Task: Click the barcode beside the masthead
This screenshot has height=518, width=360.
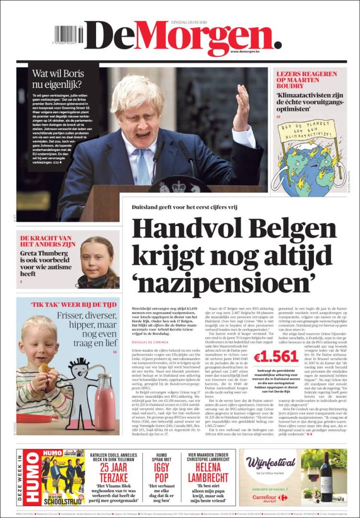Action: coord(68,35)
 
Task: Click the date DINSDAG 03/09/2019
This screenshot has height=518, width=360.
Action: coord(188,22)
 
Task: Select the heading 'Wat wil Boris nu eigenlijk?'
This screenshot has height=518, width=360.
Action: coord(58,79)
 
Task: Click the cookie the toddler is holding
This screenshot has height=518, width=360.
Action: coord(45,369)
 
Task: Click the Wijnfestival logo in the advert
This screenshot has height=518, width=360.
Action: coord(271,463)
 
